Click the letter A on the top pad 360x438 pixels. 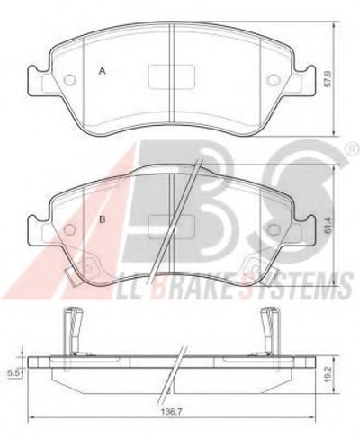103,71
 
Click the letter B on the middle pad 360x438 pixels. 103,219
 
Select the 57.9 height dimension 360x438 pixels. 328,79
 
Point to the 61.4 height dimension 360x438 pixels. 328,226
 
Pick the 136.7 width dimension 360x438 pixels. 166,412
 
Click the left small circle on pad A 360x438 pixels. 70,80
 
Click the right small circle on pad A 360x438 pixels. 273,80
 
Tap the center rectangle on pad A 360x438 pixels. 172,76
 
